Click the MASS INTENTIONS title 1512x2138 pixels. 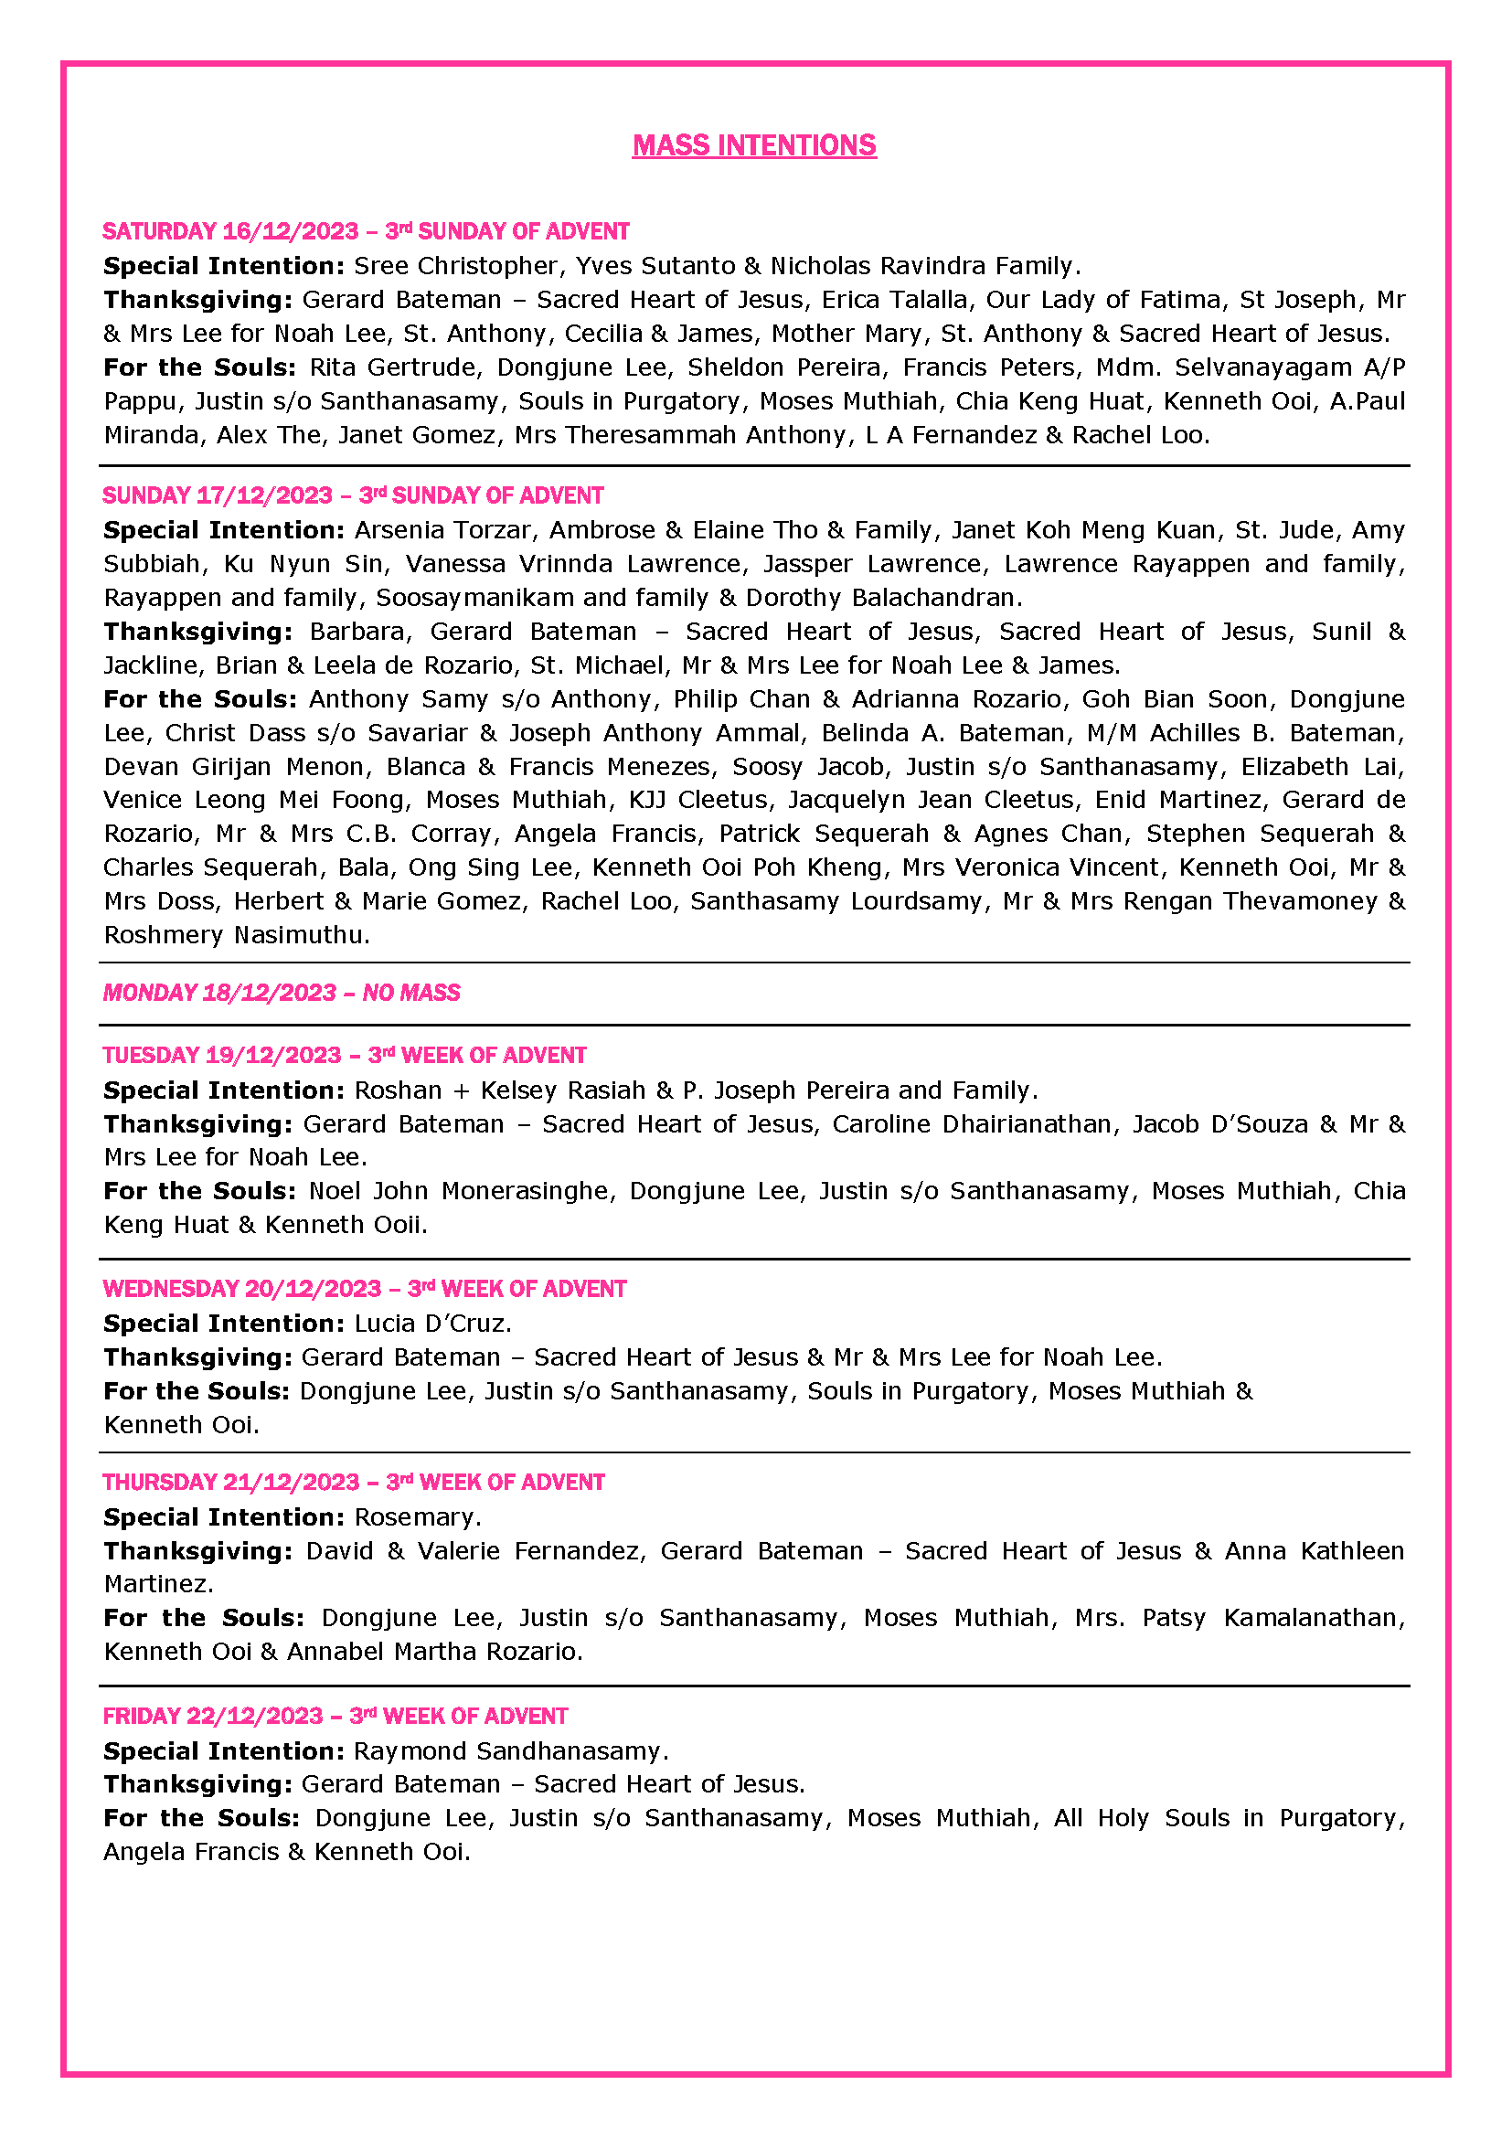pyautogui.click(x=754, y=145)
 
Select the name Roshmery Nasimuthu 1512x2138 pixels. pyautogui.click(x=236, y=935)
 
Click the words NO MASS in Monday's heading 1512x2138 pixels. pyautogui.click(x=411, y=993)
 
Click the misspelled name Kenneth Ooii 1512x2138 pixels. pyautogui.click(x=345, y=1225)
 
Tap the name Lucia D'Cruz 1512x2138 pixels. pyautogui.click(x=431, y=1324)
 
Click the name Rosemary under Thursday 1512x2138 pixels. pyautogui.click(x=416, y=1517)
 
